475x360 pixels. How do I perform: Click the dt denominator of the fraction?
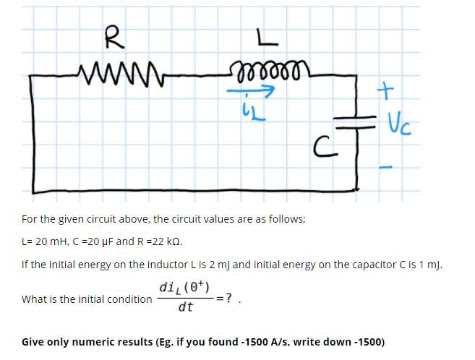click(184, 307)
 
